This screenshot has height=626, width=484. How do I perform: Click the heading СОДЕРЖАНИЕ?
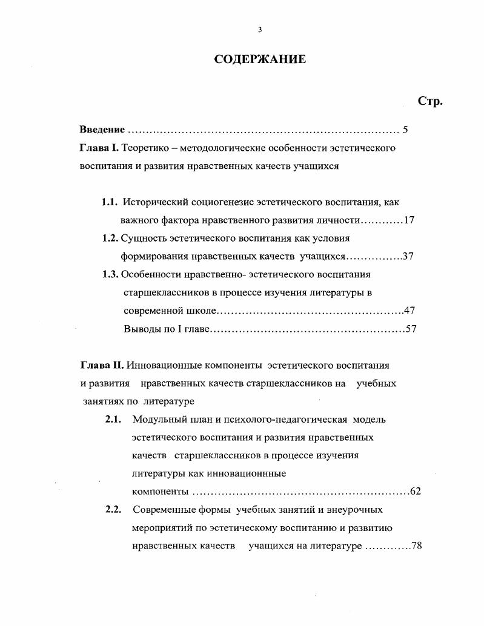[x=260, y=59]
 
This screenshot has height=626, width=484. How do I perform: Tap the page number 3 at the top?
[x=260, y=30]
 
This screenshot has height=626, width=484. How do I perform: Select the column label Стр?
[x=431, y=101]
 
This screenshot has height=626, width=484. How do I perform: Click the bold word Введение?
[x=102, y=130]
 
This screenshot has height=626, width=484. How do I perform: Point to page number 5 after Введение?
[x=405, y=130]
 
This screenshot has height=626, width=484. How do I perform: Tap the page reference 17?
[x=409, y=220]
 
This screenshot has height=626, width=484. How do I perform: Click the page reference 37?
[x=408, y=256]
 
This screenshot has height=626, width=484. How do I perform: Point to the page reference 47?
[x=409, y=311]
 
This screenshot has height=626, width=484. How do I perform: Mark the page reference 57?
[x=411, y=329]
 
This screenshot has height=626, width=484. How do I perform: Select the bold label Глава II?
[x=102, y=366]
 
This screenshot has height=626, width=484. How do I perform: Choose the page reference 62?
[x=416, y=491]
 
